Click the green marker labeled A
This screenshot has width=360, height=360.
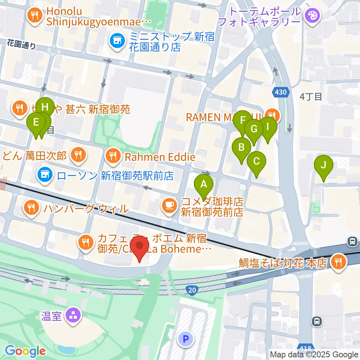[204, 184]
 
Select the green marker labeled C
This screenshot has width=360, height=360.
[256, 162]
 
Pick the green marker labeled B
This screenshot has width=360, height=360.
[242, 147]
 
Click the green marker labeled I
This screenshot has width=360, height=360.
[268, 127]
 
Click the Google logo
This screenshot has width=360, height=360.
[25, 351]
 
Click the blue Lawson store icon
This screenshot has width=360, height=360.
[45, 174]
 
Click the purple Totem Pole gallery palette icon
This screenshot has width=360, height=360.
[312, 16]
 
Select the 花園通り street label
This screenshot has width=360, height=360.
[22, 45]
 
